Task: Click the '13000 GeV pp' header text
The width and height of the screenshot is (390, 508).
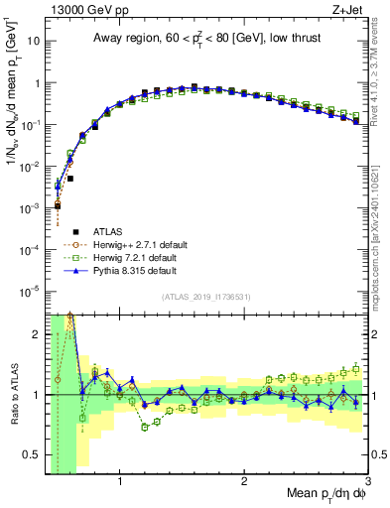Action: [x=78, y=10]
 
